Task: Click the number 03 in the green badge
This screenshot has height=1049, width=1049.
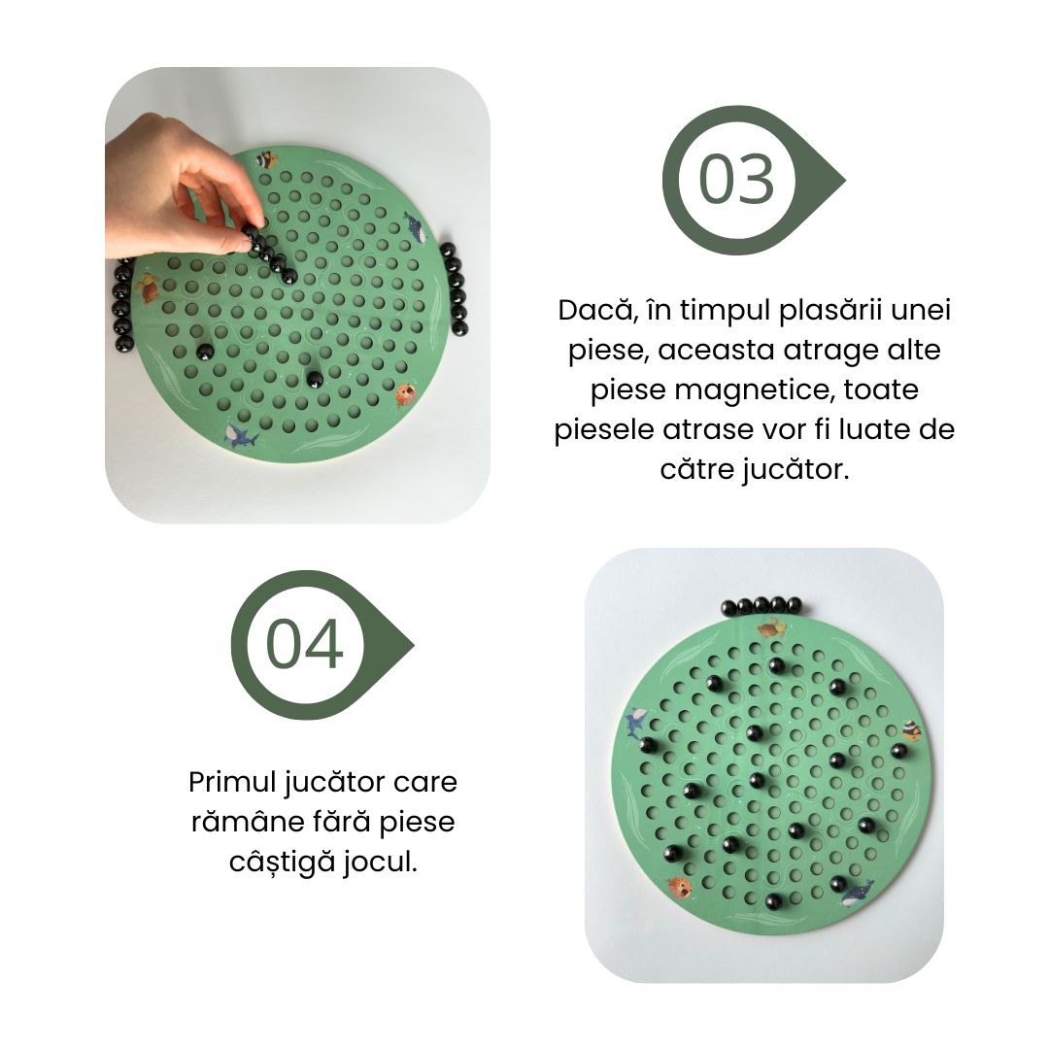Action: (x=737, y=181)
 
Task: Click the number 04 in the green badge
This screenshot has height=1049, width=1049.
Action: (x=305, y=645)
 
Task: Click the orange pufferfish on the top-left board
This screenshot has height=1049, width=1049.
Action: (x=406, y=393)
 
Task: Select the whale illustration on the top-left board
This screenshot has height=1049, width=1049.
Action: (x=415, y=230)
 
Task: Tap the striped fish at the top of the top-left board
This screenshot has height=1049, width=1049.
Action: (x=266, y=159)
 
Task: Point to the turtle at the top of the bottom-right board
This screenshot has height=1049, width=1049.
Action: (x=772, y=628)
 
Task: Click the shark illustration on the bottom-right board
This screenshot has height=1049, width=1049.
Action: (x=637, y=722)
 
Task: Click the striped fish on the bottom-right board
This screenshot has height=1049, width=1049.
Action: (x=910, y=731)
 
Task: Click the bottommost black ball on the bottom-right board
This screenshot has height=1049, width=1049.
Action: (x=774, y=902)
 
